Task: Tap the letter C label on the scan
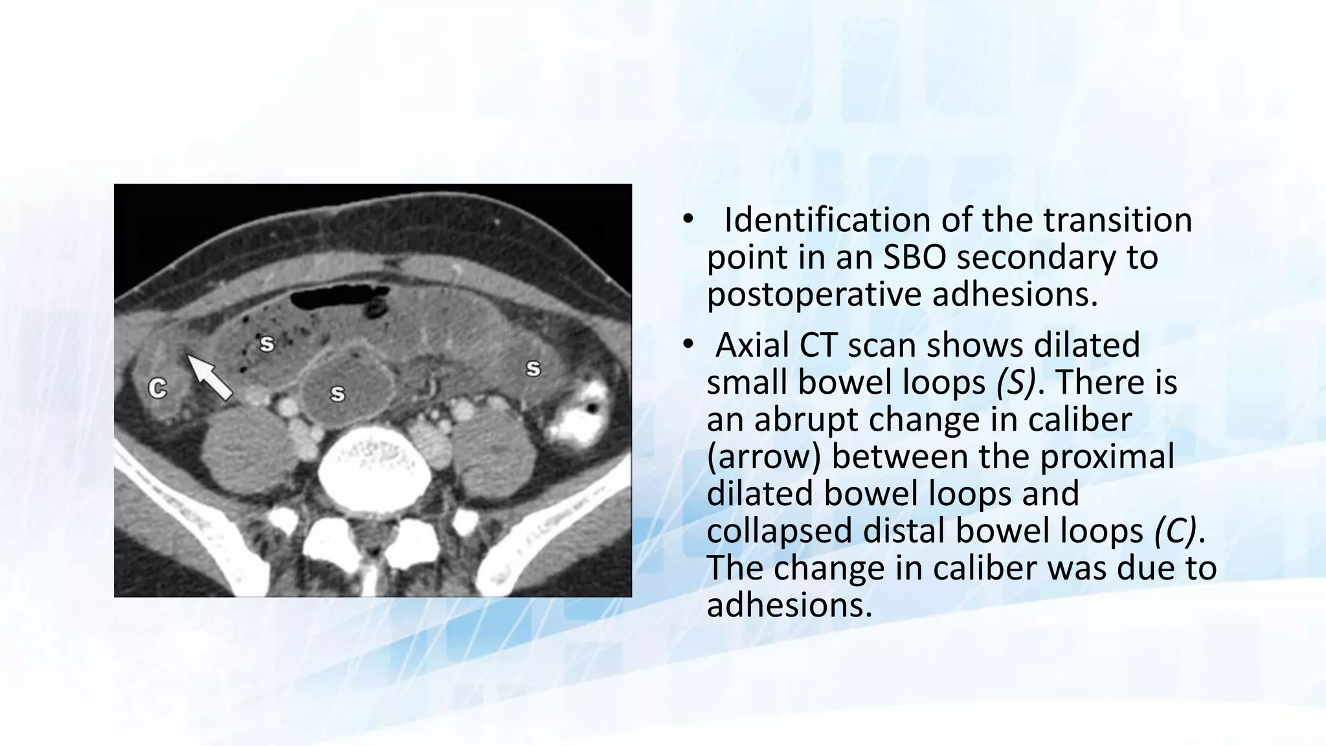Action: click(x=157, y=389)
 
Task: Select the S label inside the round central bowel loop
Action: click(x=337, y=393)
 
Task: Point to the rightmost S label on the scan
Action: click(x=533, y=368)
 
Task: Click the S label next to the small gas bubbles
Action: click(x=266, y=344)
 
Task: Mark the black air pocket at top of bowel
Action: click(x=337, y=299)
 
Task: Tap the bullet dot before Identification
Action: click(x=687, y=221)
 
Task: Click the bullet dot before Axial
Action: click(x=687, y=345)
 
